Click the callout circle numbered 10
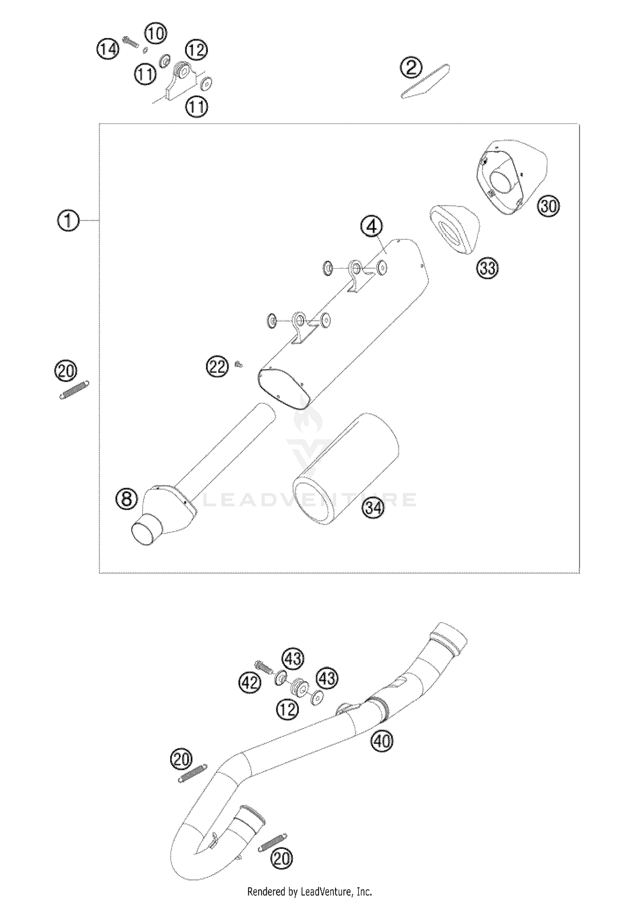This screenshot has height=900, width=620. coord(156,33)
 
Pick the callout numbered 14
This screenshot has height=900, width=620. coord(108,50)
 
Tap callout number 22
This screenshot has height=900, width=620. coord(217,366)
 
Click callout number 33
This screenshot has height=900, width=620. coord(488,268)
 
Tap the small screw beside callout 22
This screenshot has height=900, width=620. coord(238,364)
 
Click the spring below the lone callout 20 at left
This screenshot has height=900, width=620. coord(74,389)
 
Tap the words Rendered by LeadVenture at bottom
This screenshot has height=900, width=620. coord(310,892)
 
